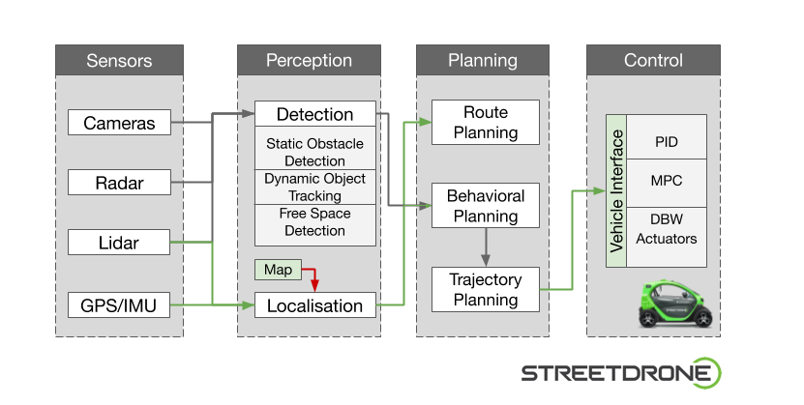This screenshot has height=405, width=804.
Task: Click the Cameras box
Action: pos(119,123)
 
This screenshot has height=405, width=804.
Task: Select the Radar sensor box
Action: pos(119,182)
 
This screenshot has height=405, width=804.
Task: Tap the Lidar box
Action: pos(119,242)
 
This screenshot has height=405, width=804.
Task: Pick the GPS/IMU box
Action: pos(119,306)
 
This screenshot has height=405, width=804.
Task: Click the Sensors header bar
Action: pos(119,61)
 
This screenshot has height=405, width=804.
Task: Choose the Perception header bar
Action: pos(309,61)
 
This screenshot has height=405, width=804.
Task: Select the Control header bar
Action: pos(653,61)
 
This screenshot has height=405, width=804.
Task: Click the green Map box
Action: pos(278,270)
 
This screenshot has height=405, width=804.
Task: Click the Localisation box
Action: pos(314,306)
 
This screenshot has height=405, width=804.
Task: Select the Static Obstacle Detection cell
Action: pos(314,152)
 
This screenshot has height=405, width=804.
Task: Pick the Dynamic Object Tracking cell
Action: pos(314,187)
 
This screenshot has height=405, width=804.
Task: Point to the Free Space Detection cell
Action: pos(314,222)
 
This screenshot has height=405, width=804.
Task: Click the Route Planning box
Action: pos(485,123)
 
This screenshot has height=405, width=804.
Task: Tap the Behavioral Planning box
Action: pos(485,206)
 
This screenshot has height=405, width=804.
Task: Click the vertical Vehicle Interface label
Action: pos(616,190)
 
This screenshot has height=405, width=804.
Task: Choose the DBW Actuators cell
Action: pos(667,229)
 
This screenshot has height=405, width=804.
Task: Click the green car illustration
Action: pos(678,304)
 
